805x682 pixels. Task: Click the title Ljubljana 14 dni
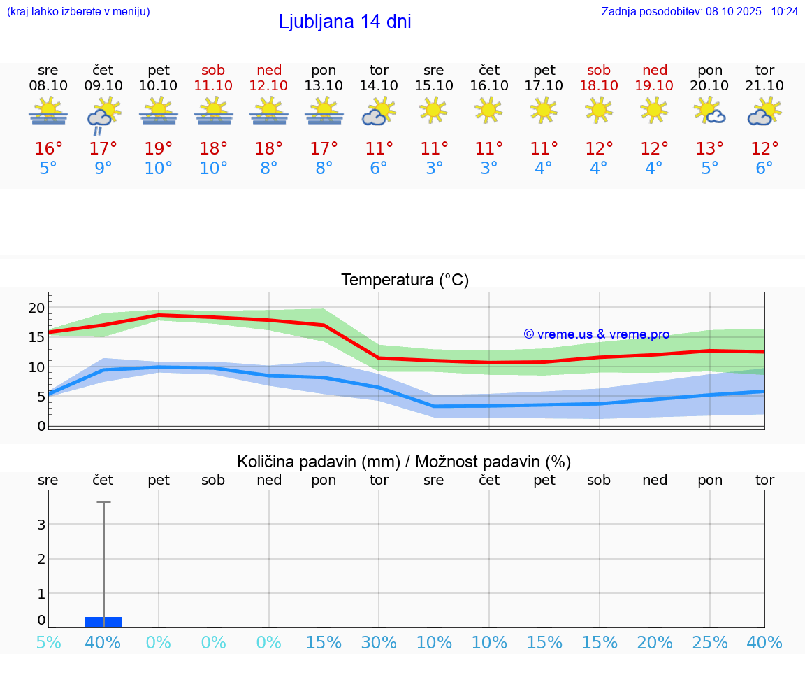(x=345, y=22)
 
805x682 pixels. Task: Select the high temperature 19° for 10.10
(x=159, y=149)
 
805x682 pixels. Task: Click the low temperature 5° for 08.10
(x=48, y=169)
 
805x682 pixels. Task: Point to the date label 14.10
(x=379, y=86)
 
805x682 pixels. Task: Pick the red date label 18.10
(x=599, y=86)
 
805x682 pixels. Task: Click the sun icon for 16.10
(x=488, y=109)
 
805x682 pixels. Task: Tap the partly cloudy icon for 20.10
(x=709, y=111)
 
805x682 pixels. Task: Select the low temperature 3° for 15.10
(x=434, y=169)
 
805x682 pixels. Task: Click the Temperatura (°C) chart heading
(x=405, y=280)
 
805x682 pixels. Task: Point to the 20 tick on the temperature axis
(x=36, y=308)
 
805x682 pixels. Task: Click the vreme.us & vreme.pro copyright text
(x=596, y=334)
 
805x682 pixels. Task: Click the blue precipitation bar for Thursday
(x=103, y=622)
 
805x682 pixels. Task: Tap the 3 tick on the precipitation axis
(x=41, y=525)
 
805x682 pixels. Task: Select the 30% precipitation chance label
(x=379, y=643)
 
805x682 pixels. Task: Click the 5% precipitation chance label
(x=48, y=643)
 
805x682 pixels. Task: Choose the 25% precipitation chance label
(x=710, y=643)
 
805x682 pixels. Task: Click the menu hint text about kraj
(x=78, y=11)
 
